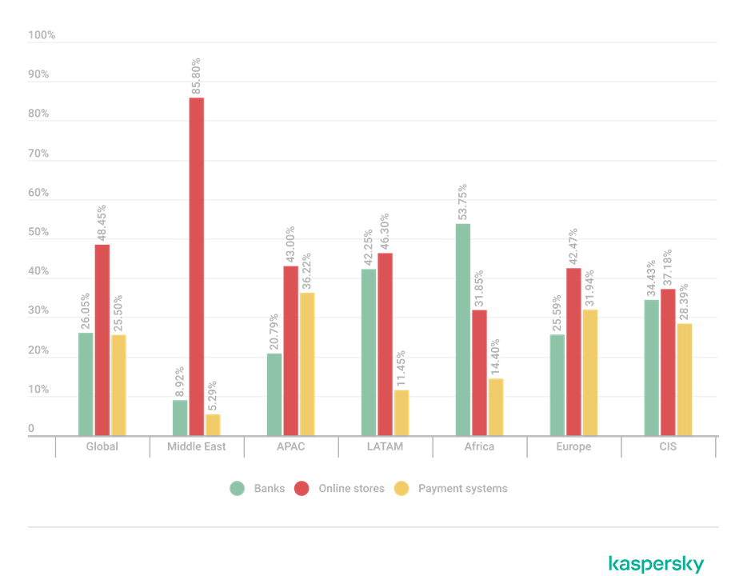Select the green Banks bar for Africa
click(x=463, y=329)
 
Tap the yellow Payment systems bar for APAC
click(x=306, y=363)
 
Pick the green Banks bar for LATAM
click(x=369, y=352)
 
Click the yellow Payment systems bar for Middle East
click(x=213, y=424)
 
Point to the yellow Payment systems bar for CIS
click(x=685, y=379)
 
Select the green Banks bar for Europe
click(x=557, y=385)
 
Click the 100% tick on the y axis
click(x=42, y=35)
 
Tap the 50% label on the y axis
click(x=38, y=233)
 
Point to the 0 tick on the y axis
click(x=31, y=430)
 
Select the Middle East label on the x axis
click(x=195, y=446)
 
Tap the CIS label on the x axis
click(x=668, y=446)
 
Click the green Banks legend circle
click(x=238, y=489)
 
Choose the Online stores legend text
click(x=351, y=489)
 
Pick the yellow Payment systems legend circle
click(x=402, y=489)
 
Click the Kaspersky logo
click(x=656, y=563)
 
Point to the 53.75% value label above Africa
click(x=463, y=202)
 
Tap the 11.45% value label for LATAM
click(x=401, y=369)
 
